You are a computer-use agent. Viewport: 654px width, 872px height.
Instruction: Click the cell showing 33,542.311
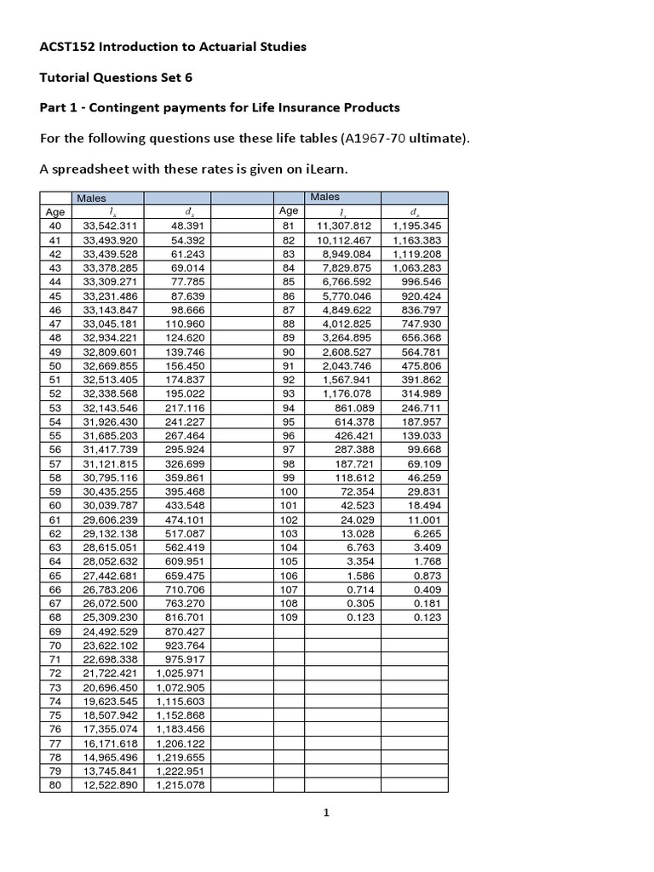coord(111,227)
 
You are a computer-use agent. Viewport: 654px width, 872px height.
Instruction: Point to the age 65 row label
coord(55,576)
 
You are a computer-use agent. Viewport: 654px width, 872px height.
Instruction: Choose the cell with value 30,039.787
coord(111,506)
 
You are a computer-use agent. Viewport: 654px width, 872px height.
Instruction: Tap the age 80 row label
coord(55,785)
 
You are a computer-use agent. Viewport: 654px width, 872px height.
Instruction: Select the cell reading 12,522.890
coord(111,785)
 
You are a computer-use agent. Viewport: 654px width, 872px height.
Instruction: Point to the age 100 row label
coord(288,492)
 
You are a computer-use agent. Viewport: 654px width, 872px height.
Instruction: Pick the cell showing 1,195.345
coord(416,227)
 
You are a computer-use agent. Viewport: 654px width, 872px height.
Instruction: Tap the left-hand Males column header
coord(91,198)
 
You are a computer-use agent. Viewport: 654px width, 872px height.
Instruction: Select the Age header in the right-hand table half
coord(288,211)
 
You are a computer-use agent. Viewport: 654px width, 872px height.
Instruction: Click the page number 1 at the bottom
coord(326,813)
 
